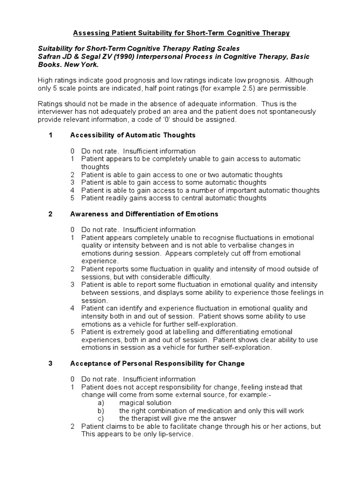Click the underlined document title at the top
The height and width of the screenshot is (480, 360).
[181, 33]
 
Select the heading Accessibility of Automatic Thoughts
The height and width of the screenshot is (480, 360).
[133, 135]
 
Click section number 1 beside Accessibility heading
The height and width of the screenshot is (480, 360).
[51, 135]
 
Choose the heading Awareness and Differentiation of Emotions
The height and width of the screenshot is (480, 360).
[144, 214]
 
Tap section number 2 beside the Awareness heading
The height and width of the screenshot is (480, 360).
[51, 214]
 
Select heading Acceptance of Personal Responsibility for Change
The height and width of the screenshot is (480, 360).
[157, 363]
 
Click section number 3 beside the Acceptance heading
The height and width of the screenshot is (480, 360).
[51, 363]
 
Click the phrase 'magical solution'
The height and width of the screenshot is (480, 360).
[145, 403]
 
